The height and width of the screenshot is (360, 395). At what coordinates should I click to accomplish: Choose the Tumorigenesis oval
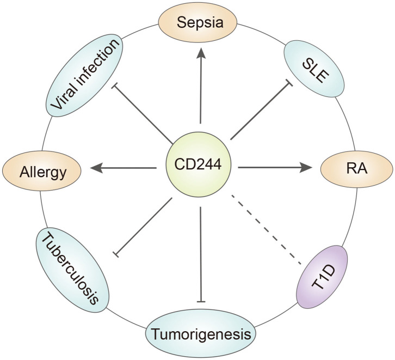201,333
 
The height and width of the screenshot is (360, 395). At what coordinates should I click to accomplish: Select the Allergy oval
43,173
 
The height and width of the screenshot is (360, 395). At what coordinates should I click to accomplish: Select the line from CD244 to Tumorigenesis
201,253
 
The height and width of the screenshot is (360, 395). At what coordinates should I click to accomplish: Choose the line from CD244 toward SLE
260,112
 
